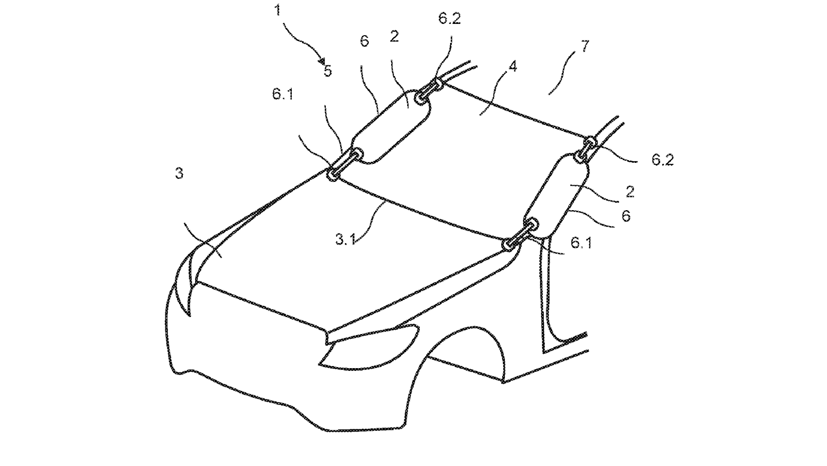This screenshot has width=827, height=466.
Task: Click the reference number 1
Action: [277, 10]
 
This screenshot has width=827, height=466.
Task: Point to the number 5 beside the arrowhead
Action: [328, 71]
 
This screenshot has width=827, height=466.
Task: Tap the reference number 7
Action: [585, 46]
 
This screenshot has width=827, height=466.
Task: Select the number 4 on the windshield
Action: [512, 67]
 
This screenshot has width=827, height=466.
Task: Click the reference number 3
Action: [179, 173]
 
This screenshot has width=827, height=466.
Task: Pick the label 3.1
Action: [345, 239]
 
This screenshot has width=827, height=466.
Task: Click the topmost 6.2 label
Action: [449, 19]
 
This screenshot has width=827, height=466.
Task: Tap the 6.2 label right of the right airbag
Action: [662, 160]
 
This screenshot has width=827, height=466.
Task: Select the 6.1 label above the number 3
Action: [283, 94]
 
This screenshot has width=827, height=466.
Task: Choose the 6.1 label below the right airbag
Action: [581, 243]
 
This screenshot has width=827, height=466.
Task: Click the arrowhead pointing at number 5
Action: [322, 62]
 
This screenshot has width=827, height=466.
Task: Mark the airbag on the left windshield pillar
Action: [391, 128]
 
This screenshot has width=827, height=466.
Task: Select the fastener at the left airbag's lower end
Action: [345, 163]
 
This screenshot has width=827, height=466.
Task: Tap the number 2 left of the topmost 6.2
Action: [394, 37]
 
